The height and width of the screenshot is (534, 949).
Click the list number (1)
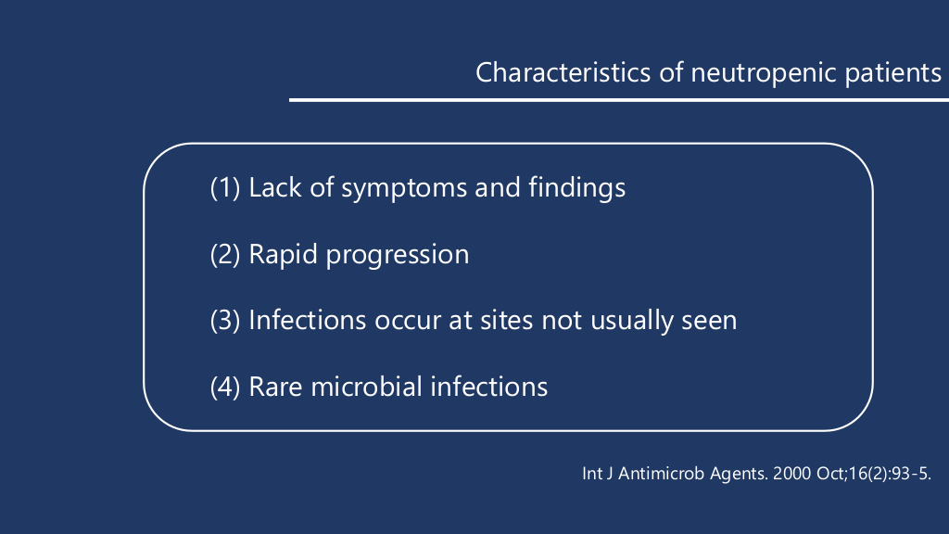click(x=225, y=187)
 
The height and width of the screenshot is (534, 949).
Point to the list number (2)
click(x=225, y=254)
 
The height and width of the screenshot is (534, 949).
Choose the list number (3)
click(x=225, y=320)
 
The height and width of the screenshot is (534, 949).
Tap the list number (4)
click(x=225, y=387)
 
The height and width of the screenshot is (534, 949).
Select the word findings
click(x=576, y=187)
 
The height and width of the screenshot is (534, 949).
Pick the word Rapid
click(x=283, y=254)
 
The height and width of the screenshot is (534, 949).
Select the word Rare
click(x=275, y=388)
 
